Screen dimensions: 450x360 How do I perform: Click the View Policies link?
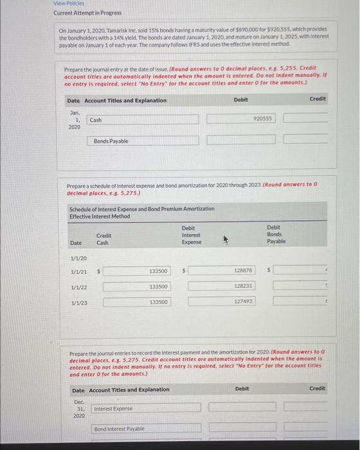67,3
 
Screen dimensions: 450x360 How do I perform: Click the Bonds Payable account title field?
145,141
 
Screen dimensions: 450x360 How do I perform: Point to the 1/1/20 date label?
76,258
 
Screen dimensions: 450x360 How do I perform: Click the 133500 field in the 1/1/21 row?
136,271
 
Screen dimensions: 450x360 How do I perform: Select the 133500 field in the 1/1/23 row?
136,301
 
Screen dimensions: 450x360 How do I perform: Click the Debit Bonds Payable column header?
276,235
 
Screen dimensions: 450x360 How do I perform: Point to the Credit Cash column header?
103,239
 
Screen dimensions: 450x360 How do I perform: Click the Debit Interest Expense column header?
192,235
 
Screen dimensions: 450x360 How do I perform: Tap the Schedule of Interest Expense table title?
141,212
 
